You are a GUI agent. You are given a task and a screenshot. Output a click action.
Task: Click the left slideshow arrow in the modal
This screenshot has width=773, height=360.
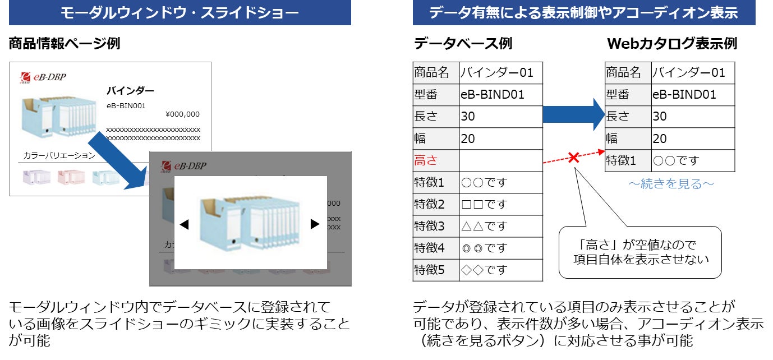184,224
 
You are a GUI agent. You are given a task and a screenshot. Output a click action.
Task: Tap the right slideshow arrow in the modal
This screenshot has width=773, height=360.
315,224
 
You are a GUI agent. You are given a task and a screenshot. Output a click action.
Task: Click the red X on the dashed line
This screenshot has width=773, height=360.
573,158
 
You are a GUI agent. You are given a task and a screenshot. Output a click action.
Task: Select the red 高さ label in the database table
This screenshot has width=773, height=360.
426,161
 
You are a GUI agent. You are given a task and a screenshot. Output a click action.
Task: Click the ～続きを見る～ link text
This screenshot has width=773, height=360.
671,184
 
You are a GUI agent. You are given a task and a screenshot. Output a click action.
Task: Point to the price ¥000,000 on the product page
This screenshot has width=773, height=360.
182,114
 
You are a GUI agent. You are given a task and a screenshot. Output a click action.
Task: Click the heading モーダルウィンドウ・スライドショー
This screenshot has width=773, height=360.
180,13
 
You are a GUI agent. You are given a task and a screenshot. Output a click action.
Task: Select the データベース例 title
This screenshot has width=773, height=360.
463,44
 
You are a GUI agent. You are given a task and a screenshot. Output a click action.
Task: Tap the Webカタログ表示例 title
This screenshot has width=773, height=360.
672,44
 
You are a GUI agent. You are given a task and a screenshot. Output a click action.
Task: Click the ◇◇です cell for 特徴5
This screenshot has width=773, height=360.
484,270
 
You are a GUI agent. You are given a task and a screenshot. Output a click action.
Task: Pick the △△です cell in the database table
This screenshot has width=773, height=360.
484,227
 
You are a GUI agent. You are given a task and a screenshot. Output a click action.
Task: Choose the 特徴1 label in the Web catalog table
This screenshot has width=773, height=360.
621,161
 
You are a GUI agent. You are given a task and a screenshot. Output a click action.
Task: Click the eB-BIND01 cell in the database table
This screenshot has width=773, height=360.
493,95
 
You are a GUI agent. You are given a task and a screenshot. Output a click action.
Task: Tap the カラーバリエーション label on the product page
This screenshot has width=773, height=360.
59,155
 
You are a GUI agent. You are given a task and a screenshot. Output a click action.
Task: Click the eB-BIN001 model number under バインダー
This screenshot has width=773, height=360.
126,105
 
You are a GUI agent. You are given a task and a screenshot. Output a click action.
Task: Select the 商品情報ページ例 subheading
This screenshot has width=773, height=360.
65,44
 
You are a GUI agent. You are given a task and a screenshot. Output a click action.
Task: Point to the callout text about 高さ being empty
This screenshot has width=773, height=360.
640,252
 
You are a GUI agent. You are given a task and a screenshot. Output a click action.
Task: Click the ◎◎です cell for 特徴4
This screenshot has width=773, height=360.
484,248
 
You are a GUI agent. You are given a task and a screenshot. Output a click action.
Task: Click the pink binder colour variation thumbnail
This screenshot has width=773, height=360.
71,177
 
